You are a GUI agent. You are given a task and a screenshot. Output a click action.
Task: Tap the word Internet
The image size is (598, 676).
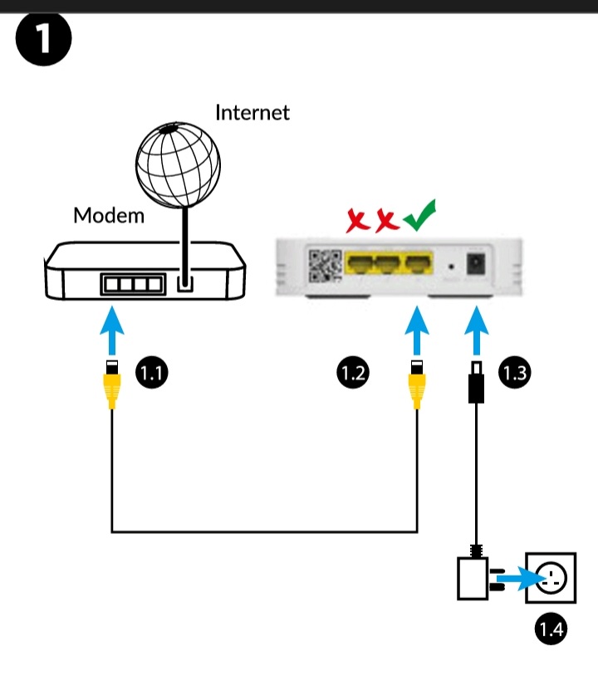click(252, 112)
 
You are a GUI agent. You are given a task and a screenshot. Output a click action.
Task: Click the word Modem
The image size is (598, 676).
click(109, 216)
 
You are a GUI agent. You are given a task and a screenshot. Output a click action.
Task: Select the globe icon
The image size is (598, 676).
click(178, 163)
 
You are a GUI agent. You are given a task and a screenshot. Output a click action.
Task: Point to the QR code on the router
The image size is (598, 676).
click(325, 265)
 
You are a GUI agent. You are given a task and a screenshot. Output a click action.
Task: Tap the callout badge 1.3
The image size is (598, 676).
click(514, 373)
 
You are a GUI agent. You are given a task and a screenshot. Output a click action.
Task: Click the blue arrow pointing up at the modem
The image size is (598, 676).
click(113, 330)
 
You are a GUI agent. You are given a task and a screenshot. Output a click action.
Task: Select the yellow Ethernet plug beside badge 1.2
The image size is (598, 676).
click(417, 386)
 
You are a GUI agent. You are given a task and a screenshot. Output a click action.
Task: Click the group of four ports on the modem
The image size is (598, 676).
click(131, 284)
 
